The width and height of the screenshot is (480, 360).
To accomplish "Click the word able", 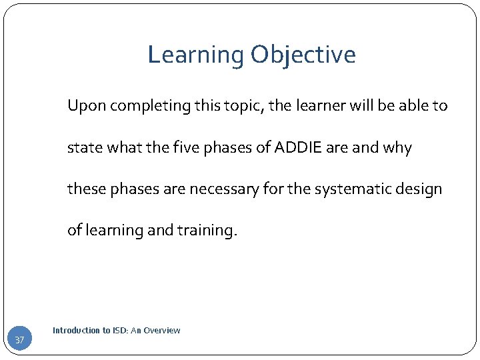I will point(417,106).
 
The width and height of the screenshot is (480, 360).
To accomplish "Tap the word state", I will point(83,147).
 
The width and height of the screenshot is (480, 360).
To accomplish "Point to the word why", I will point(397,147).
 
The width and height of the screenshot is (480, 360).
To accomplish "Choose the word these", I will point(85,189).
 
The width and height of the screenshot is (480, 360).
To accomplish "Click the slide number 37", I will point(19,341).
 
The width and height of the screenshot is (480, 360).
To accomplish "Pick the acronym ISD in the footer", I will point(116,331).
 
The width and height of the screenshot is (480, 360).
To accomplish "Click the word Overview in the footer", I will point(162,331).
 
